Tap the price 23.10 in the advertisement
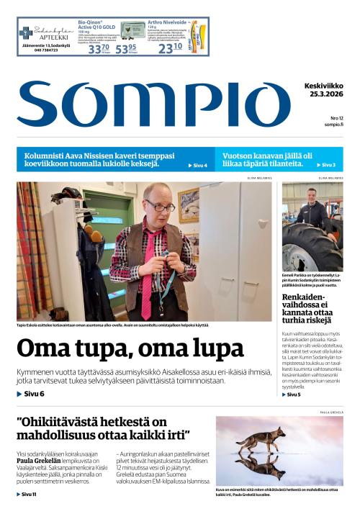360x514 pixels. coord(170,48)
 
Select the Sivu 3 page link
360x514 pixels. coord(328,165)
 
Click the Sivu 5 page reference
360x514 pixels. coord(294,394)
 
